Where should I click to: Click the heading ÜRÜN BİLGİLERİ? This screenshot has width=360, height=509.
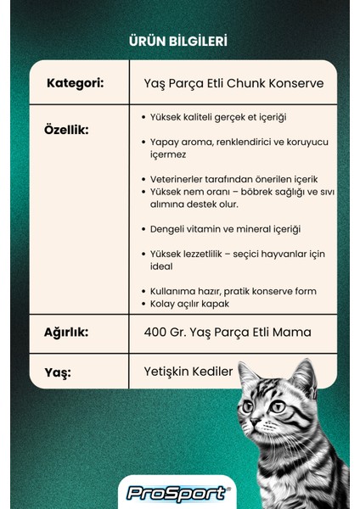(x=177, y=41)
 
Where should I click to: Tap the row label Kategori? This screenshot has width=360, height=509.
(x=76, y=83)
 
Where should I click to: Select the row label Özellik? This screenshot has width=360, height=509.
(x=66, y=131)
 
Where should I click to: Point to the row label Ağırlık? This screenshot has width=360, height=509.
(x=66, y=332)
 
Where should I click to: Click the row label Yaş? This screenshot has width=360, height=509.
(x=59, y=372)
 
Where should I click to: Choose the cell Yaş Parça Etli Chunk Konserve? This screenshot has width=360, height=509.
(x=233, y=84)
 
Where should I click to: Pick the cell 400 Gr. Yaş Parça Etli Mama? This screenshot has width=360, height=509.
(x=228, y=332)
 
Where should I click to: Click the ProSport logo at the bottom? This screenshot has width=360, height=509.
(x=177, y=493)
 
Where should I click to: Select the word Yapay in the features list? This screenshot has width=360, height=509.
(x=160, y=143)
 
